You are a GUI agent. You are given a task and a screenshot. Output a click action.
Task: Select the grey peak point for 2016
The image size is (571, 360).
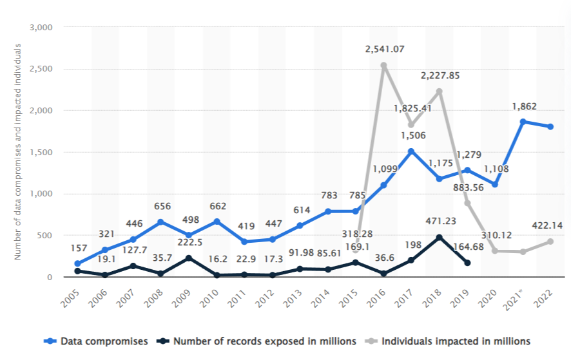point(383,66)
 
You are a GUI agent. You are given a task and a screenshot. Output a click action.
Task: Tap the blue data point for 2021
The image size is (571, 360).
point(523,122)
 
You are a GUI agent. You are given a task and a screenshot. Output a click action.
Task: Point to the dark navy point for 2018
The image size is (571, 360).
point(439,238)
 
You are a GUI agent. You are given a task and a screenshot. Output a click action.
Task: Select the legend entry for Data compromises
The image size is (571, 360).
point(97,341)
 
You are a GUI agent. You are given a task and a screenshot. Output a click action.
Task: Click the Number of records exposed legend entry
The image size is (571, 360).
point(260,341)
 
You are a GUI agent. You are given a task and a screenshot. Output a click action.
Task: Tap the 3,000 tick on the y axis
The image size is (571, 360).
point(41,28)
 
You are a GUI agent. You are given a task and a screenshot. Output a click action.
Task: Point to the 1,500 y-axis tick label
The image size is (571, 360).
point(41,153)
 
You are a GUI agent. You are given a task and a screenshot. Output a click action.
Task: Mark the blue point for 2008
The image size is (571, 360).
point(161,222)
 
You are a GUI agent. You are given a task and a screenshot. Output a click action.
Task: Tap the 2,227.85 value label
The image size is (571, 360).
point(440,75)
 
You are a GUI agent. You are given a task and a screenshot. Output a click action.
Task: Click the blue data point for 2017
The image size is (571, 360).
point(411,151)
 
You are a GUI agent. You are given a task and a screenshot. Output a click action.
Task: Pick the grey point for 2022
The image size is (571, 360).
point(550,242)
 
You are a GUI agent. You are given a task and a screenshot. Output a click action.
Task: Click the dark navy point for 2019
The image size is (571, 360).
point(467,263)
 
